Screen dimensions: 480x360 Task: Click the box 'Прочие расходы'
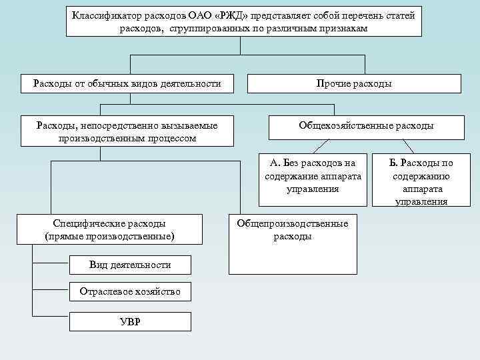click(354, 83)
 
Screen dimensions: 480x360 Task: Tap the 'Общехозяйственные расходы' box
click(366, 126)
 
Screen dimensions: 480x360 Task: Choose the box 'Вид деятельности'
click(130, 265)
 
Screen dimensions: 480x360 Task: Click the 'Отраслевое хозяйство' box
click(130, 292)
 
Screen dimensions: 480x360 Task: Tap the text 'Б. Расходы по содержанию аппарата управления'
click(421, 182)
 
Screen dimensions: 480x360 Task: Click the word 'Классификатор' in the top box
click(107, 15)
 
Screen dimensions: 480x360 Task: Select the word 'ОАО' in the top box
click(209, 15)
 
